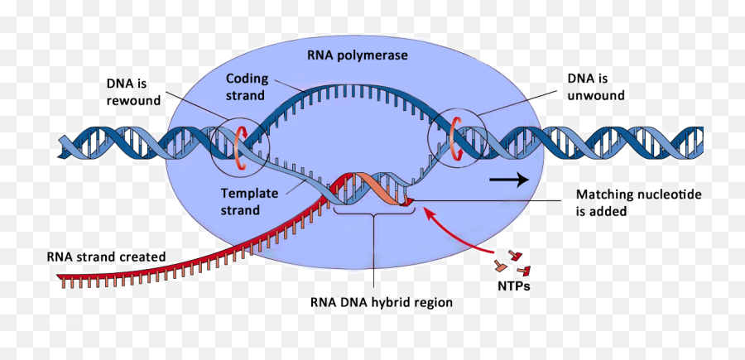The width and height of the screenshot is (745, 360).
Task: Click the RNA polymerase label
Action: coord(357,56)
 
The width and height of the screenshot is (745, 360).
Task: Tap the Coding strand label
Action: coord(246,87)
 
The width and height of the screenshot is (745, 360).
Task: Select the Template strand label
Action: coord(241,202)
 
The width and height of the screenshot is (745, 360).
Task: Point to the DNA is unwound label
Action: coord(595,87)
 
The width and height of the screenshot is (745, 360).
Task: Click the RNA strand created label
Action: coord(106,257)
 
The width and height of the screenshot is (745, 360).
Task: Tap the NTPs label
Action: coord(514,286)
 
